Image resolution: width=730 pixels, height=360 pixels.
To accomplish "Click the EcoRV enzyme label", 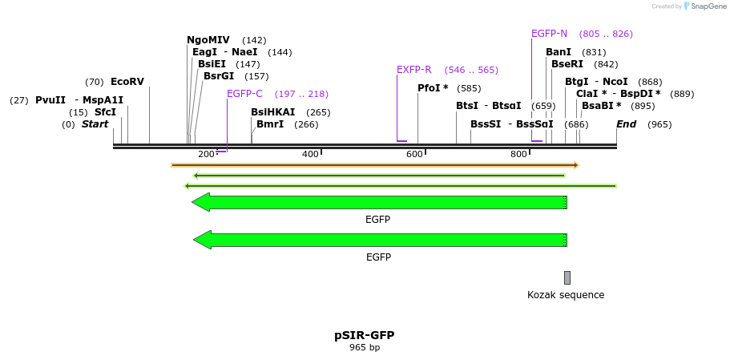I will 127,82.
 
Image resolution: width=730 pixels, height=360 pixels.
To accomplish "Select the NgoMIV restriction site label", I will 208,40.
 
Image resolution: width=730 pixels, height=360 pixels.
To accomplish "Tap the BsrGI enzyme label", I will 219,76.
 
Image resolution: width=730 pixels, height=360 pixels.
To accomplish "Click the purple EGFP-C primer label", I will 244,94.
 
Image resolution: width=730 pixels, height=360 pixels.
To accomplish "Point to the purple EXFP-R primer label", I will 414,70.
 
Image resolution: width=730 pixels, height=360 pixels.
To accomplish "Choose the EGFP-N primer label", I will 549,34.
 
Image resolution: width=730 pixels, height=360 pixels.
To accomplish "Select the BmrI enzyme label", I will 270,124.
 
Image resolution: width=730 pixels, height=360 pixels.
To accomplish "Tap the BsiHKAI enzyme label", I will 272,112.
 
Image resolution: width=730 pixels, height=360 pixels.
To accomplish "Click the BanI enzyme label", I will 559,52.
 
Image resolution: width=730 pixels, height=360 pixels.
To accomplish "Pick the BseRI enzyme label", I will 567,64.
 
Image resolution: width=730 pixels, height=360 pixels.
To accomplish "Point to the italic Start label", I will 95,124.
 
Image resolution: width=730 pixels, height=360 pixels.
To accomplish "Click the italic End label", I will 626,124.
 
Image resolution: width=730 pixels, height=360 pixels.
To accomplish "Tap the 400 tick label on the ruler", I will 309,154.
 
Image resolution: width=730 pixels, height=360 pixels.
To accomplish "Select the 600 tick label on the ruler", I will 413,154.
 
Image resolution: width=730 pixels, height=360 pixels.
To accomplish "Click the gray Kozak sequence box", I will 567,277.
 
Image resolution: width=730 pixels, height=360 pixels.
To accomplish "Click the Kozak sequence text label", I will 566,295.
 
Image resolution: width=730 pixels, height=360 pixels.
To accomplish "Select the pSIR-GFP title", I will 365,335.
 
